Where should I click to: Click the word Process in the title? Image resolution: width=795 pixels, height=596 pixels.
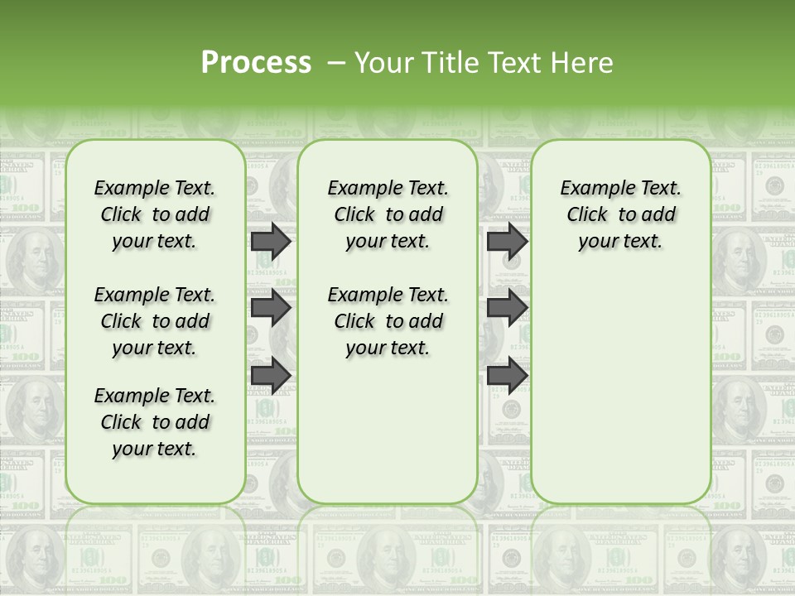(256, 63)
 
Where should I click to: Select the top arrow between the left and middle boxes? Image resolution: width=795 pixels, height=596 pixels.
(271, 241)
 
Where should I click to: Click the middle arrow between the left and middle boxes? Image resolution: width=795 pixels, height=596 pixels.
(271, 308)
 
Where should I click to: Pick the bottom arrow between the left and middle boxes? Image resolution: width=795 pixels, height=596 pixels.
(271, 375)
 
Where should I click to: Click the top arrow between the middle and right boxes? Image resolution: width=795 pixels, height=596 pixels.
(507, 241)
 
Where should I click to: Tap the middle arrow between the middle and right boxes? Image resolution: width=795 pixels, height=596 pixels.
(507, 308)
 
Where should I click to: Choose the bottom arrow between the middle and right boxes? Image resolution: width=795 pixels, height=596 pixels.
(507, 375)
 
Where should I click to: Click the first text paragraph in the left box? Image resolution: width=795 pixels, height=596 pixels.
(155, 214)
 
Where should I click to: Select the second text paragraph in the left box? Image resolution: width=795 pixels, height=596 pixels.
(155, 321)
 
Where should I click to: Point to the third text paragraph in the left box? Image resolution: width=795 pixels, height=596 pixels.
(155, 422)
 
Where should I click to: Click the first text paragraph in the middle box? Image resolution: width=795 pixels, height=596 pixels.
(388, 214)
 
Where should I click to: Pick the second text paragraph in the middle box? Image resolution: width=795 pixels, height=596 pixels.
(388, 321)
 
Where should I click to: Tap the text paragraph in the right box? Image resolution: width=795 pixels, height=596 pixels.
(620, 214)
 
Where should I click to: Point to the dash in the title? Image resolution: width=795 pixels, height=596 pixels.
(336, 63)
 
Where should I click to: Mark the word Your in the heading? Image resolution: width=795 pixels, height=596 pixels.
(381, 63)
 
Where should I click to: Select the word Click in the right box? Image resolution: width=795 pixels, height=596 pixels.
(587, 215)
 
